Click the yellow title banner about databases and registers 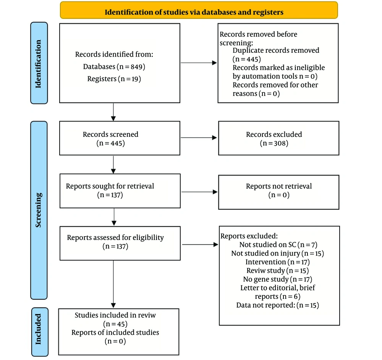[x=199, y=10]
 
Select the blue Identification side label [x=39, y=63]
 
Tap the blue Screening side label [x=39, y=210]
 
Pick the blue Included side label [x=40, y=332]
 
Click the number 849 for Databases [x=136, y=66]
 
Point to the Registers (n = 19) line [x=114, y=79]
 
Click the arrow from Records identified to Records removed [x=199, y=63]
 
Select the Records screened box [x=120, y=138]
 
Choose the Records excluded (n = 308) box [x=279, y=138]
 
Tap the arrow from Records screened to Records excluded [x=199, y=138]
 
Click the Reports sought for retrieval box [x=120, y=191]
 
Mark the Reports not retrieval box [x=279, y=192]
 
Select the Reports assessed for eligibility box [x=120, y=243]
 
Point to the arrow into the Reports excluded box [x=200, y=245]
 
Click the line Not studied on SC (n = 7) [x=278, y=245]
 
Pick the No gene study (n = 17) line [x=277, y=279]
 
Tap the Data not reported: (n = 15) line [x=277, y=305]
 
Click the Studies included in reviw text [x=115, y=315]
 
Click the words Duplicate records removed [x=276, y=50]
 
